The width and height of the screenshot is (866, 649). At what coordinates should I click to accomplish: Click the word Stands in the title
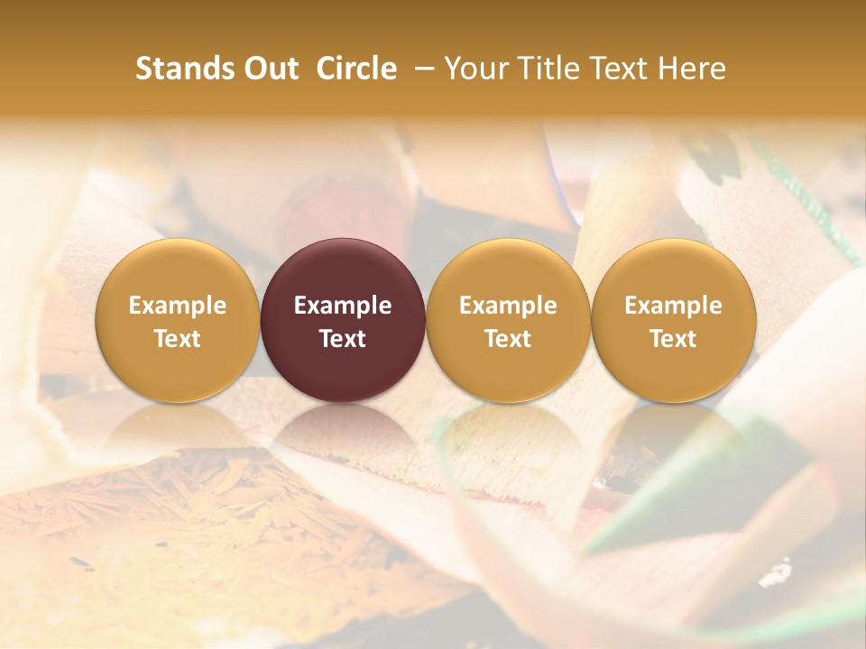(185, 69)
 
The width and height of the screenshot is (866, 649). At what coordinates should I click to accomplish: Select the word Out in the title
(269, 69)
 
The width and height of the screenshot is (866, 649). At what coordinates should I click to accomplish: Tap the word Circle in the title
(356, 69)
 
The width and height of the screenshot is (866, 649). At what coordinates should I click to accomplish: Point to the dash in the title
(420, 69)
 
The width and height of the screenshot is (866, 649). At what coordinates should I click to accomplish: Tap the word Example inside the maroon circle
(343, 306)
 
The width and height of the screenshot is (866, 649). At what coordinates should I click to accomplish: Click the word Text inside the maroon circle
(343, 339)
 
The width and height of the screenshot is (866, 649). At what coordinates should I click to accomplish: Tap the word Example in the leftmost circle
(178, 306)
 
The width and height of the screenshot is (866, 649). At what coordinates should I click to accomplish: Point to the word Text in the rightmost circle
(674, 339)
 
